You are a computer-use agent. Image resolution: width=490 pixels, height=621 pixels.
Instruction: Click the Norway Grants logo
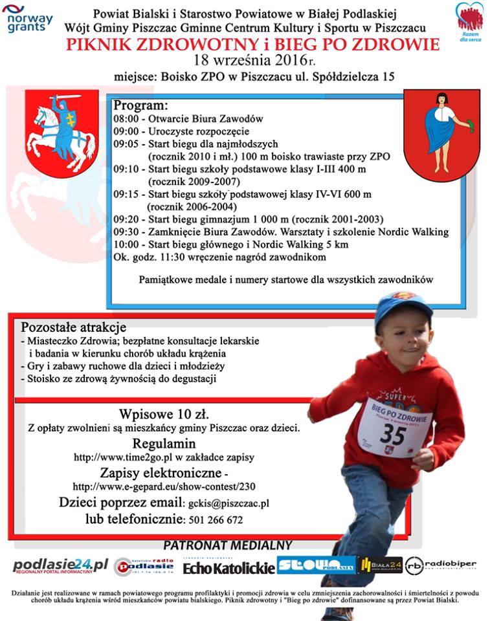click(27, 19)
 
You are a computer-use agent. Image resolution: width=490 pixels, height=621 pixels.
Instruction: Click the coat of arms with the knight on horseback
click(61, 134)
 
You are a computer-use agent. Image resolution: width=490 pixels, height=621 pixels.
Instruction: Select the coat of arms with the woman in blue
click(441, 135)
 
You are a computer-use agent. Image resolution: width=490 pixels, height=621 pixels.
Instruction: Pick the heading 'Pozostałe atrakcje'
click(73, 327)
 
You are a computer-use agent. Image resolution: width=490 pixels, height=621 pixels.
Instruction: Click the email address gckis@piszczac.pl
click(228, 503)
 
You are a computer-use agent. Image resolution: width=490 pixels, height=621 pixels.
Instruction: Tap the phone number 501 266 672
click(216, 520)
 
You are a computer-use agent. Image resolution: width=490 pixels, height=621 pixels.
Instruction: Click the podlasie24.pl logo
click(60, 567)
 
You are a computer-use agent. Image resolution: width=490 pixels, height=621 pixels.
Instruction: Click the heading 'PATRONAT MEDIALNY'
click(227, 545)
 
